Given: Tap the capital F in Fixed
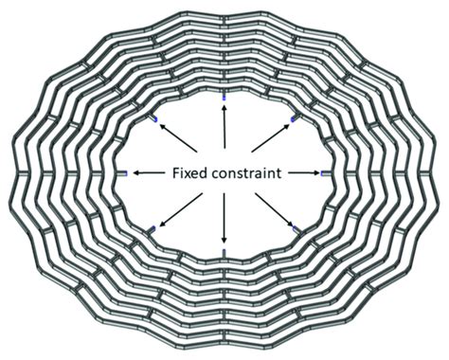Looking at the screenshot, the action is [x=177, y=174].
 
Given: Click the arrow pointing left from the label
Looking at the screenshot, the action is [x=149, y=173].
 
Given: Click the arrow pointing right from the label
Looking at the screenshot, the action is [x=301, y=173].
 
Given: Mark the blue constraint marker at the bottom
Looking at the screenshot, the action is [x=224, y=252].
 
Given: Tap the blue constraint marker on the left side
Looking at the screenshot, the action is [x=123, y=173].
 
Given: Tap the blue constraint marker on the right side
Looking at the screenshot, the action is [x=326, y=173].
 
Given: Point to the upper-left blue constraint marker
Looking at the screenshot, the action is [x=152, y=118].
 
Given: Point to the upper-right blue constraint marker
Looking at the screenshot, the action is [x=297, y=118].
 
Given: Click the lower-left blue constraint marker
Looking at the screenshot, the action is [x=152, y=229].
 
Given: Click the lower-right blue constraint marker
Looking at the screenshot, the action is [x=297, y=229].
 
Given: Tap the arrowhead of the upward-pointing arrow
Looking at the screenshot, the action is [x=224, y=106].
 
